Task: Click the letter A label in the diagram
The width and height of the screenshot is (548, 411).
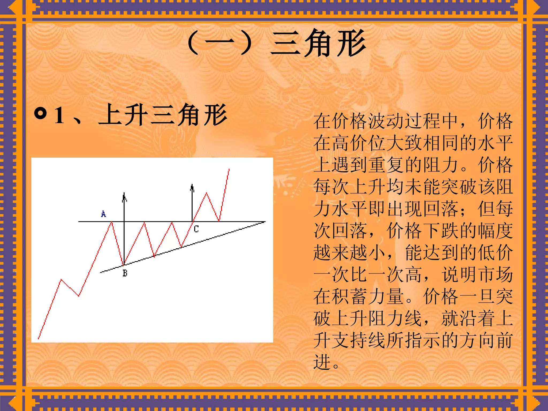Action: pos(104,214)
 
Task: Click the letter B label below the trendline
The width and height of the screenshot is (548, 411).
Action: pos(125,273)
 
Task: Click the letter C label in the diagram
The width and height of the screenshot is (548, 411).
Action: pos(196,229)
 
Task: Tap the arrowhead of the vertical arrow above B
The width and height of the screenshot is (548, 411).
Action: pos(124,197)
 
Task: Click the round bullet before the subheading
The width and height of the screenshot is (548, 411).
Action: pos(40,114)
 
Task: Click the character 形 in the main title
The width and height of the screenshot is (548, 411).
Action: pos(351,44)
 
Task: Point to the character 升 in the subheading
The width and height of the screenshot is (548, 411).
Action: pos(136,115)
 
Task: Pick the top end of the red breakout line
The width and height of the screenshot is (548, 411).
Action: pos(229,169)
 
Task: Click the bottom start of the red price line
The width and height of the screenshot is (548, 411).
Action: pos(39,338)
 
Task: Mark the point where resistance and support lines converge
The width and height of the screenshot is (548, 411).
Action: pos(264,222)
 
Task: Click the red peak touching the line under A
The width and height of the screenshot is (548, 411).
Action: pos(112,222)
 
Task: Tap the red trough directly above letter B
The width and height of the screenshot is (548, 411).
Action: pos(123,265)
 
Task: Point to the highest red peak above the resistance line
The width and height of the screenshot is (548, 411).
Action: pos(206,193)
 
